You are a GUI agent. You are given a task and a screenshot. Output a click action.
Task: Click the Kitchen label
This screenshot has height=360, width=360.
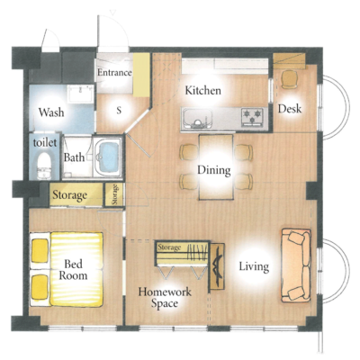click(x=203, y=90)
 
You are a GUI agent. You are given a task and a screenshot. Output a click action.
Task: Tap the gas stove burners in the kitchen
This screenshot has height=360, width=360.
click(x=252, y=116)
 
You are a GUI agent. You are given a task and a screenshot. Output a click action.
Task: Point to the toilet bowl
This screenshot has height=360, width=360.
click(x=44, y=166)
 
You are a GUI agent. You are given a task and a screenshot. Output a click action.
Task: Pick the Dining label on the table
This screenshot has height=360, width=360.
click(x=214, y=170)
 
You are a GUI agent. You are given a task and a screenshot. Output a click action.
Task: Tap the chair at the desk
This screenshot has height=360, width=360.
click(x=290, y=78)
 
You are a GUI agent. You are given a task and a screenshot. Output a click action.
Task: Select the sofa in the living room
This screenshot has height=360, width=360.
click(x=296, y=265)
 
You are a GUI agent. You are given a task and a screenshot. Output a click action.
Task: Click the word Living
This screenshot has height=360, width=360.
click(x=254, y=266)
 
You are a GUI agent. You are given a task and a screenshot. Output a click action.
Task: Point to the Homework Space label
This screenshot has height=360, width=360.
click(x=165, y=297)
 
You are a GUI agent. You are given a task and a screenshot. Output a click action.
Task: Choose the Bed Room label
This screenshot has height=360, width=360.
click(x=73, y=270)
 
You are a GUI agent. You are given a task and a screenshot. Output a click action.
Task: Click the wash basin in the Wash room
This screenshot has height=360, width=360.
click(x=80, y=94)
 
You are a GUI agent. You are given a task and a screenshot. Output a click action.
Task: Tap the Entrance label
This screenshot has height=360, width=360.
click(x=114, y=73)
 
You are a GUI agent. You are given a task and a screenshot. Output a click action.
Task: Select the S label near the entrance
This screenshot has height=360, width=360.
click(x=119, y=111)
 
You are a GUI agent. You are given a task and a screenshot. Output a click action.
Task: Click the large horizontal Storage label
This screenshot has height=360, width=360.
click(x=70, y=195)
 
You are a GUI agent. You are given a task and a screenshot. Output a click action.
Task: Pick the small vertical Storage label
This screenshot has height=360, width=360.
click(x=114, y=194)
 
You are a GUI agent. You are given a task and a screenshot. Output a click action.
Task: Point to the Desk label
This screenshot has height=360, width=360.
click(x=290, y=109)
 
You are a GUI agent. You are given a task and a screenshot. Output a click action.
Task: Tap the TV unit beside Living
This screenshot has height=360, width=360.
click(x=217, y=266)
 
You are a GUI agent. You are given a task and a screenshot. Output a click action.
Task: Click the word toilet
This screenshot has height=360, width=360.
click(x=45, y=142)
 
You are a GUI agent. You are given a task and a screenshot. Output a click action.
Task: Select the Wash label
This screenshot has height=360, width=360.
click(x=51, y=112)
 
